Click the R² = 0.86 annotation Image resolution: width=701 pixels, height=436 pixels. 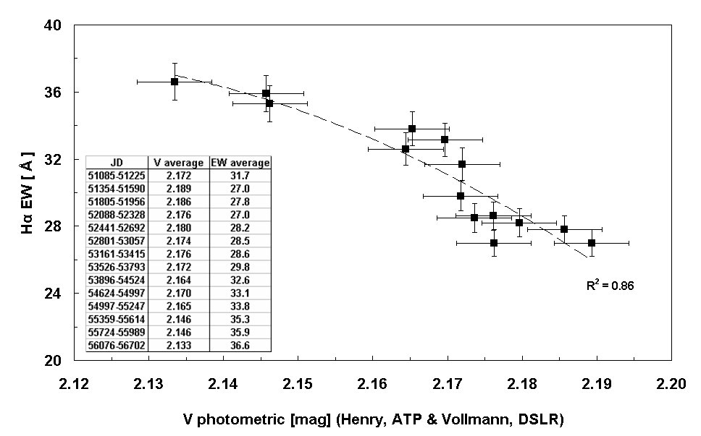point(610,286)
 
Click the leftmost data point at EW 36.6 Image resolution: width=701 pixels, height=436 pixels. point(175,82)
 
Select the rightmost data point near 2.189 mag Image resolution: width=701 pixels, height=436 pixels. point(592,242)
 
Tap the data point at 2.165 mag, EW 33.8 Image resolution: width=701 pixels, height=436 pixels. point(412,129)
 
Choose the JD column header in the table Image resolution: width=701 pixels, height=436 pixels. point(116,163)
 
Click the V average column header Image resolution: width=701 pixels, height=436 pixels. point(178,163)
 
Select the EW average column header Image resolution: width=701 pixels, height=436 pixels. point(240,163)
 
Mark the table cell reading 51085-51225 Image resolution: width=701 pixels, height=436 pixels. point(116,176)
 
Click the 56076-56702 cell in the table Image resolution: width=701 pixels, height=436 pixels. point(116,346)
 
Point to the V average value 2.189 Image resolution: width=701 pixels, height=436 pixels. point(178,189)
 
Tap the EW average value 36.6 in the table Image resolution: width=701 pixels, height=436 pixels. point(240,346)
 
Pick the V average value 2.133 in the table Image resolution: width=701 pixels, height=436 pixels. point(178,346)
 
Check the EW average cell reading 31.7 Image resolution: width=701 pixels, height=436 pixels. point(240,176)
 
